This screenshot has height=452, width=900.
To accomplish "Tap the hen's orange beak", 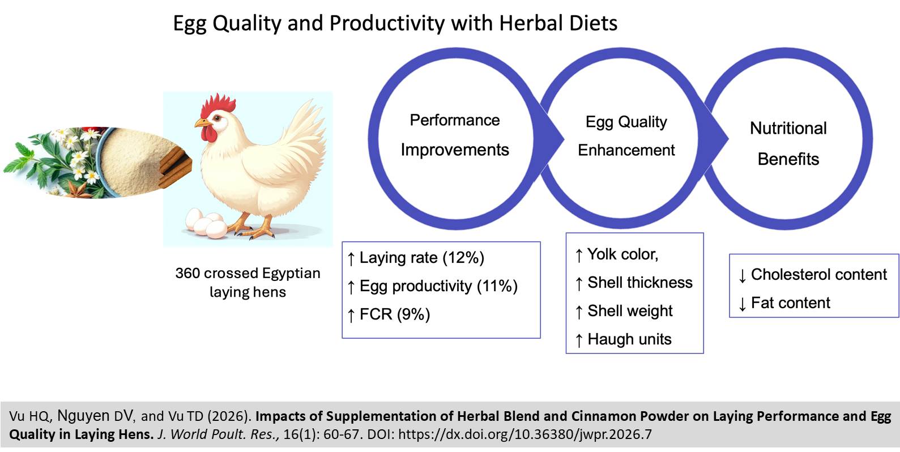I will pos(201,122).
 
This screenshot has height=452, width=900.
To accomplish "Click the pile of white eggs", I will pos(207,223).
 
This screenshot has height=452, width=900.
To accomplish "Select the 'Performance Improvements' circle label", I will pos(455,135).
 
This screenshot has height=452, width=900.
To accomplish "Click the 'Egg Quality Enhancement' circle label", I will pos(626,136).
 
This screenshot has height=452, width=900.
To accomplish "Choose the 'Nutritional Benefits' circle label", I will pos(788,143).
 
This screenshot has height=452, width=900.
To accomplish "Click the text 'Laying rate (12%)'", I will pos(421,258).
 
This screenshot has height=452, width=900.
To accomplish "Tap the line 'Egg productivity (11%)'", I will pos(438,286).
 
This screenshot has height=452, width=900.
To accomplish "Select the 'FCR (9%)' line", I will pos(395,314).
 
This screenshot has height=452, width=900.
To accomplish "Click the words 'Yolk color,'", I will pos(622,254).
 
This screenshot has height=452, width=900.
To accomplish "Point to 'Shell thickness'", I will pos(639,283).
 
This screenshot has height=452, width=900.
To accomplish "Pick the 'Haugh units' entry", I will pos(629,339).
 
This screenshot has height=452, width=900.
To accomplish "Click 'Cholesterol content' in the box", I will pos(818,275).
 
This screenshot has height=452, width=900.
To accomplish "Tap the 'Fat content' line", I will pos(790,303).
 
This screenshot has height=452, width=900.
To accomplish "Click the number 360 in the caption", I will pos(187,274).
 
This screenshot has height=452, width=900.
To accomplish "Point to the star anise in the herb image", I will pos(78,189).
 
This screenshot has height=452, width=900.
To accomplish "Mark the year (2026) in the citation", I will pos(229,417).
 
